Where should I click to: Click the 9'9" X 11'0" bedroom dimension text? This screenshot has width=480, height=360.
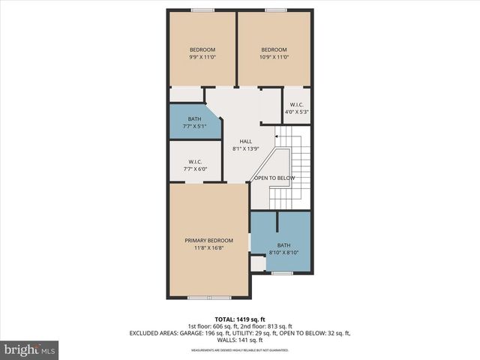pyautogui.click(x=202, y=57)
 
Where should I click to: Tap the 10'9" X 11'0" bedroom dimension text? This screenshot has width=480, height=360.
pyautogui.click(x=274, y=57)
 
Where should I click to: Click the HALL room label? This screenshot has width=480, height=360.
pyautogui.click(x=245, y=141)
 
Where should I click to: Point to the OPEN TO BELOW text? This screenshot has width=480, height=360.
pyautogui.click(x=274, y=178)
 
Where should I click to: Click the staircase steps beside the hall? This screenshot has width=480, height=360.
pyautogui.click(x=299, y=169)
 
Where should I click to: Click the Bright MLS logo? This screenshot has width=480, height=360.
pyautogui.click(x=30, y=349)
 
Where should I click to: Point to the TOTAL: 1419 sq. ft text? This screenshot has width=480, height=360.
pyautogui.click(x=240, y=319)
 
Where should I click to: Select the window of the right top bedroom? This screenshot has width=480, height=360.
pyautogui.click(x=274, y=10)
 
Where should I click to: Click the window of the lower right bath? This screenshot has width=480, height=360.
pyautogui.click(x=282, y=273)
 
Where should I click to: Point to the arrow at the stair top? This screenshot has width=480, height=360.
pyautogui.click(x=277, y=136)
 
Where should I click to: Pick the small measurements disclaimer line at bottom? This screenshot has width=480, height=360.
pyautogui.click(x=240, y=349)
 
